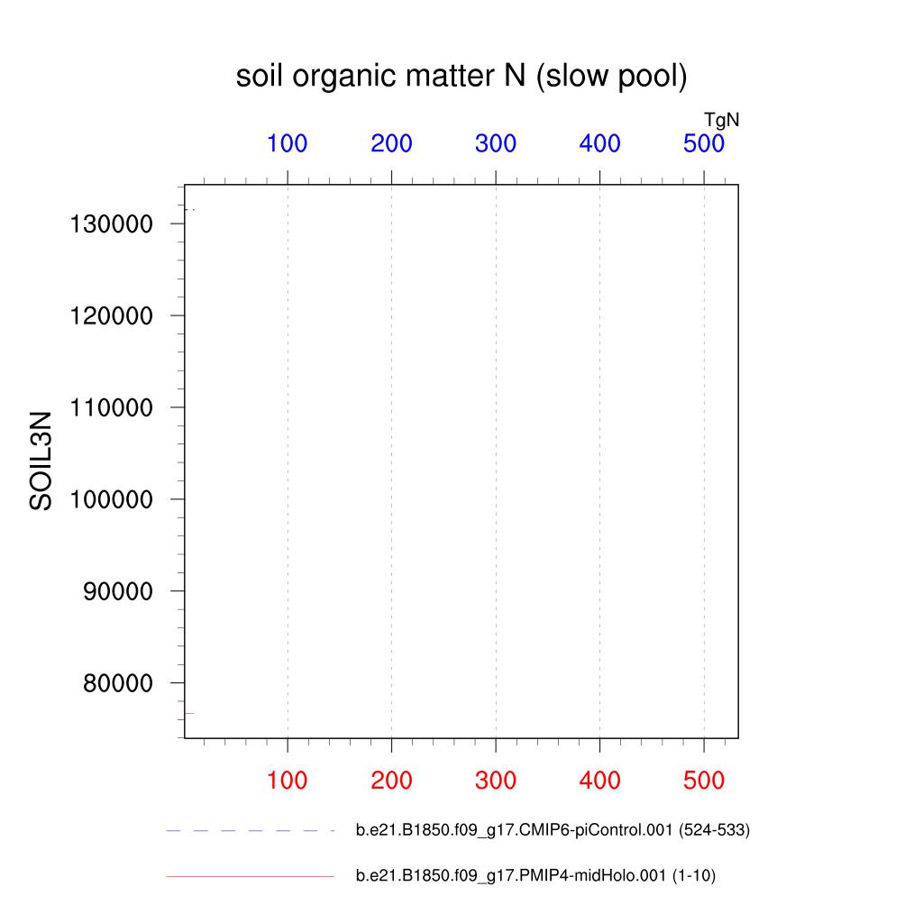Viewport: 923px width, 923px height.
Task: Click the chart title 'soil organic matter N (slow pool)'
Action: tap(461, 78)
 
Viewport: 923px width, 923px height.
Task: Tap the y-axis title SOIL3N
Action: tap(41, 461)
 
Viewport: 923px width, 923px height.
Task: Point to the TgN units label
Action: tap(721, 119)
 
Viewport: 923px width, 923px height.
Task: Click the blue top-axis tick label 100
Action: tap(287, 143)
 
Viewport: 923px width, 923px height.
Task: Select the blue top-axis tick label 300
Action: tap(496, 143)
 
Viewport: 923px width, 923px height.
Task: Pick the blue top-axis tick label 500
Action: tap(704, 143)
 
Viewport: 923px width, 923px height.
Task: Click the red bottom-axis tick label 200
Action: tap(391, 781)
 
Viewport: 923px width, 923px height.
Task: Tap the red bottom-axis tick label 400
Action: tap(599, 781)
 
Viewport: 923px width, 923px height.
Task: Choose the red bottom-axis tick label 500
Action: tap(704, 781)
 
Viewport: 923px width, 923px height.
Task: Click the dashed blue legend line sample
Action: tap(250, 830)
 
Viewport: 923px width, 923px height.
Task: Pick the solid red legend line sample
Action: tap(250, 876)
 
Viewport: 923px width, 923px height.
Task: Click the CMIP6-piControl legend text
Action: tap(553, 830)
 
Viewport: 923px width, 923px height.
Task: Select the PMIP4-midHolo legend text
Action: tap(535, 876)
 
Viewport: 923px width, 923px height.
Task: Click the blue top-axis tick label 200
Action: tap(391, 143)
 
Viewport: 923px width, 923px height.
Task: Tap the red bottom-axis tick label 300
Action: tap(496, 781)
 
